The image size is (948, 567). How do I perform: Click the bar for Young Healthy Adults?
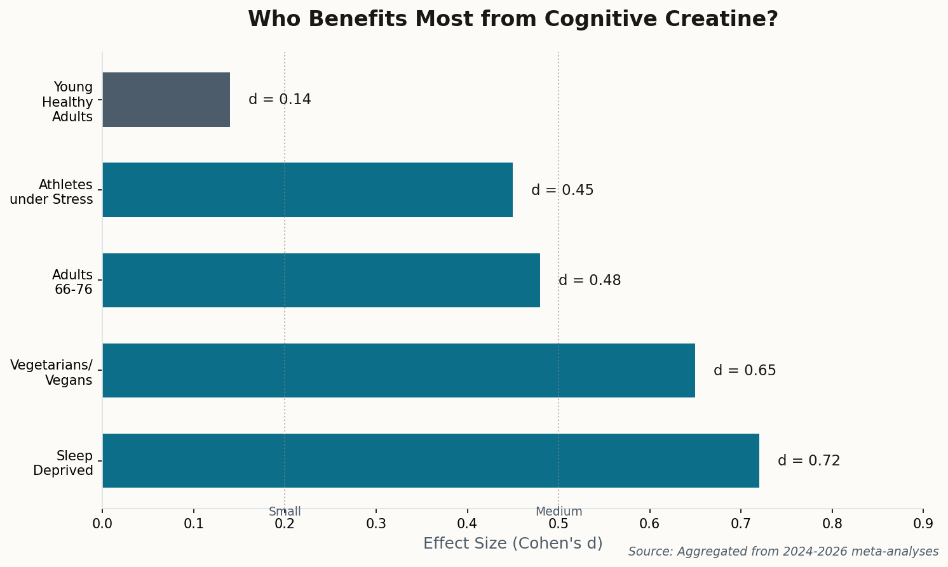tap(166, 100)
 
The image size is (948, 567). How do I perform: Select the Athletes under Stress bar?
tap(308, 190)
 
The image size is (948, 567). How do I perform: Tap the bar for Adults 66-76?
tap(321, 280)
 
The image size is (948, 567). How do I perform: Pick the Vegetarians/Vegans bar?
tap(398, 370)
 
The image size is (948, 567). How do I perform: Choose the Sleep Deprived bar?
tap(430, 460)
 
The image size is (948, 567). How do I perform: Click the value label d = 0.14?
tap(280, 100)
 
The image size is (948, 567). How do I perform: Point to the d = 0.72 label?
tap(809, 460)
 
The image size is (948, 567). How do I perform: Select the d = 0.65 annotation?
tap(745, 370)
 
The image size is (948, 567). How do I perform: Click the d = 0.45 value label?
tap(562, 190)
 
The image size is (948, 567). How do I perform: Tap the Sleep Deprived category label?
tap(64, 463)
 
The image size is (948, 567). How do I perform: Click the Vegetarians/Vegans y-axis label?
tap(52, 373)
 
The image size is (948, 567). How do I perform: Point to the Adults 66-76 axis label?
tap(72, 283)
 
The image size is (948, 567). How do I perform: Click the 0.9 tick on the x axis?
tap(923, 524)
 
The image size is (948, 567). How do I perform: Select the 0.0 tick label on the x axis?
tap(102, 524)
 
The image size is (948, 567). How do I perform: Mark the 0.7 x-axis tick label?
tap(741, 524)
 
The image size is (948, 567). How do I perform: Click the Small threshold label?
tap(285, 512)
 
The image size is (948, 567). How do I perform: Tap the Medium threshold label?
tap(559, 512)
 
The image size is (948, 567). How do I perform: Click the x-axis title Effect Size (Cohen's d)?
tap(513, 544)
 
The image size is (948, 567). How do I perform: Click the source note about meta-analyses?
tap(783, 552)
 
